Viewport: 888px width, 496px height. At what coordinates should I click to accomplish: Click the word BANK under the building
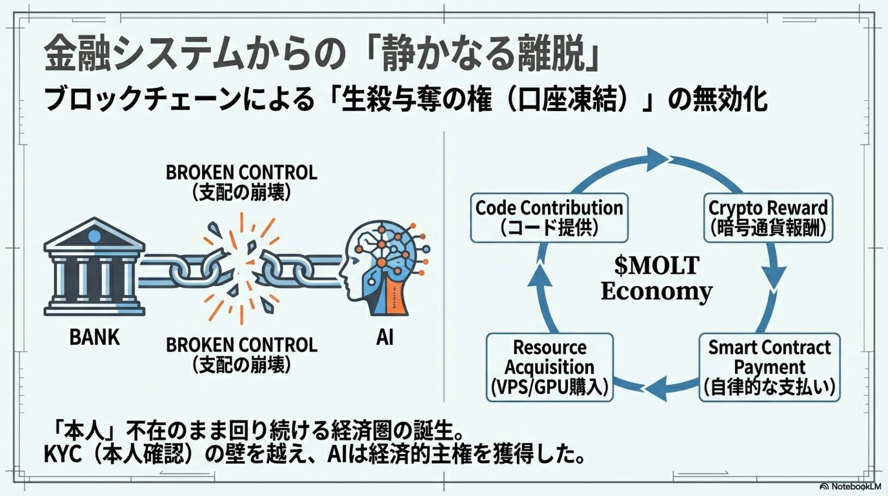click(x=94, y=337)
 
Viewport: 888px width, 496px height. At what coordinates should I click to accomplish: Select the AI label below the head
click(x=384, y=337)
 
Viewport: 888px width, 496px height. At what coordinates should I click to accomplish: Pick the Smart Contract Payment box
click(x=769, y=367)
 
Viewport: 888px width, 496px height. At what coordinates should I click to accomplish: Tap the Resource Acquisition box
click(x=549, y=367)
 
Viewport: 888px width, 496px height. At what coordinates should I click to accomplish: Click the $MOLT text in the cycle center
click(x=657, y=266)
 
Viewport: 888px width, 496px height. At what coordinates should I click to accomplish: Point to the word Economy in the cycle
click(x=657, y=291)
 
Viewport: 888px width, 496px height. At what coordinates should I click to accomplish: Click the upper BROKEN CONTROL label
click(x=241, y=173)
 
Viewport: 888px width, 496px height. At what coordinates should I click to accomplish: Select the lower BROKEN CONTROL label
click(x=241, y=345)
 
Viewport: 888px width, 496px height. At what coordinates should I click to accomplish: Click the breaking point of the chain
click(x=240, y=268)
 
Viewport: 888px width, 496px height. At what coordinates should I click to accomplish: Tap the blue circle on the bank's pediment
click(x=94, y=236)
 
